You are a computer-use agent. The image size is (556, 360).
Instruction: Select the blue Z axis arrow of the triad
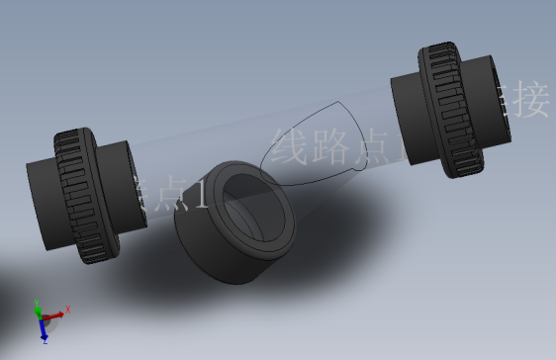pyautogui.click(x=44, y=328)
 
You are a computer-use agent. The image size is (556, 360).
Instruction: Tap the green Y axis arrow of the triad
pyautogui.click(x=39, y=311)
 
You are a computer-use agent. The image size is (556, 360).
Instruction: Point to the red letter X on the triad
pyautogui.click(x=68, y=310)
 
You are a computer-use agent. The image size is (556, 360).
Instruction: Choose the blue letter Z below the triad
pyautogui.click(x=46, y=340)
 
